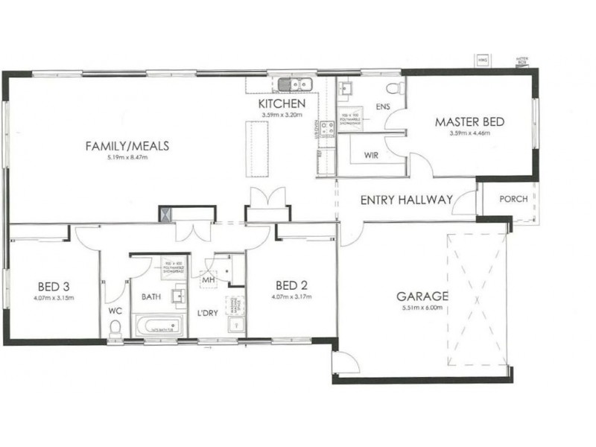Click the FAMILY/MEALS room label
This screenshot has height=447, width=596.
pos(127,145)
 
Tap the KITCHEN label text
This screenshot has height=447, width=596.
pos(282,104)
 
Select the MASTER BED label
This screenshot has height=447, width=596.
pos(470,121)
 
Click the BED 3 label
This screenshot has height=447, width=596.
pos(54,285)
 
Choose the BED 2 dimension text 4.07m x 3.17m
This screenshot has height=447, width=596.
pos(293,297)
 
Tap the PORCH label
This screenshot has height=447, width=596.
pos(514,199)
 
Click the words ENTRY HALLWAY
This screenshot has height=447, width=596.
pos(406,200)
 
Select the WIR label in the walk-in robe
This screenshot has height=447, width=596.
pos(373,155)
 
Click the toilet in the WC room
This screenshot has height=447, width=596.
pos(115,326)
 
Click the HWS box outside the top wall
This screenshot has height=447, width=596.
pos(482,59)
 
